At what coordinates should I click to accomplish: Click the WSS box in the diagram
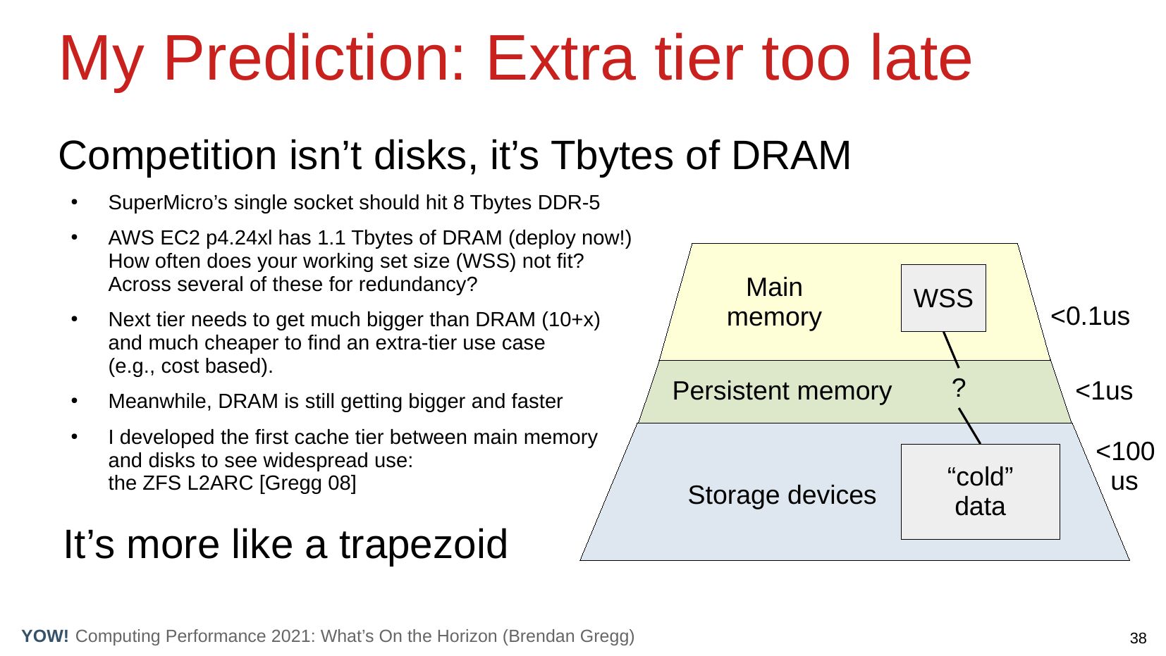click(943, 298)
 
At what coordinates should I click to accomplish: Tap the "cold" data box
click(980, 492)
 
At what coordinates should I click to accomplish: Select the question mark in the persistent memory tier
click(959, 388)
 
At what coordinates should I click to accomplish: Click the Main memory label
click(774, 302)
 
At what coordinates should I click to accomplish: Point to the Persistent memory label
click(782, 391)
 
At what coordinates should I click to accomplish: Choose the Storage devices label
click(782, 495)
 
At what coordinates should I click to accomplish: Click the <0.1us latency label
click(1090, 316)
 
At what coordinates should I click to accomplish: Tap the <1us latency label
click(1104, 391)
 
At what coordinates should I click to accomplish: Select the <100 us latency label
click(1125, 466)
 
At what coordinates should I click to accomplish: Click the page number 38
click(1139, 638)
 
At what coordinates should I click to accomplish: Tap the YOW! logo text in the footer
click(45, 636)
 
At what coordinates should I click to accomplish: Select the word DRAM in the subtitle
click(791, 156)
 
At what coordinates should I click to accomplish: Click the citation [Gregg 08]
click(307, 483)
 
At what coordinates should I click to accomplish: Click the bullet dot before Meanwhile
click(75, 401)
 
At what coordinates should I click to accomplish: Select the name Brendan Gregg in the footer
click(568, 636)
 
